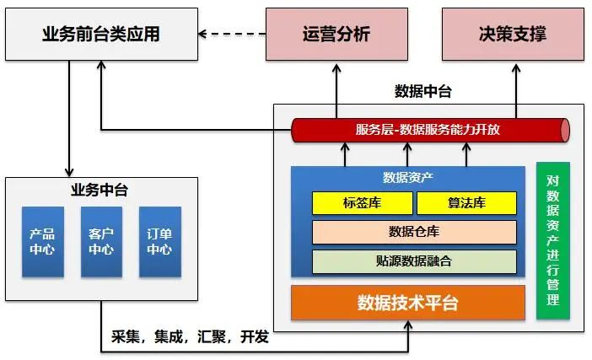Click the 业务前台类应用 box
click(x=101, y=35)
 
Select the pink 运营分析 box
click(x=336, y=35)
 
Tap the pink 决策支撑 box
click(x=513, y=35)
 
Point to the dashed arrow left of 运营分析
click(x=232, y=34)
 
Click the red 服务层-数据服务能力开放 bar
click(x=430, y=130)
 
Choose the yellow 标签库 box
click(x=363, y=203)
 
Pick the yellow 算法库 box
click(x=466, y=203)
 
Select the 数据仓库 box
click(x=414, y=232)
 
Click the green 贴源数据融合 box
click(x=414, y=261)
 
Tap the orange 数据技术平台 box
click(x=408, y=303)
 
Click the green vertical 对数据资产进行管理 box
click(x=553, y=240)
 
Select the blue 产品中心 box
click(x=43, y=242)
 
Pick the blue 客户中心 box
click(x=101, y=242)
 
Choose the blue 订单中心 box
click(x=160, y=242)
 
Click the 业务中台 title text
click(x=100, y=190)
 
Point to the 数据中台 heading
click(x=423, y=91)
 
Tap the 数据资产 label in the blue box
click(x=408, y=177)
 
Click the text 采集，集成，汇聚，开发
click(x=190, y=336)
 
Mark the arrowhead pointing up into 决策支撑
click(x=516, y=68)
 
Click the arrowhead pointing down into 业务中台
click(x=69, y=172)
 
